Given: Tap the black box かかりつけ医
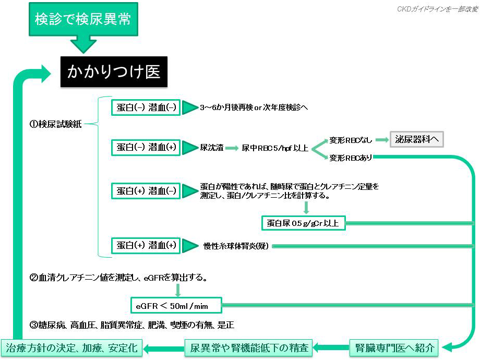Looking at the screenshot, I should point(114,71).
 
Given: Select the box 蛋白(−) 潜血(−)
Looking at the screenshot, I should point(146,107).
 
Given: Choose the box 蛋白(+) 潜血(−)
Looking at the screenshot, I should point(146,190).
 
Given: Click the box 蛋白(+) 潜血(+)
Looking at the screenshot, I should point(146,245).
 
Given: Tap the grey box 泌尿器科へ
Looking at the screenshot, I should point(416,139).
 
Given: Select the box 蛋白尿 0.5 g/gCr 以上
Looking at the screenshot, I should point(303,223).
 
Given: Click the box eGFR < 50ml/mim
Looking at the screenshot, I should point(176,304).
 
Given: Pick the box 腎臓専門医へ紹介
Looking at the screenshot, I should point(394,347).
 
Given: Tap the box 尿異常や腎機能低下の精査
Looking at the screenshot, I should point(249,347).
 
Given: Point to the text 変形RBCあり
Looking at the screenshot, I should point(351,158).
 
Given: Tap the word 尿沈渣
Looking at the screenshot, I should point(211,148).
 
